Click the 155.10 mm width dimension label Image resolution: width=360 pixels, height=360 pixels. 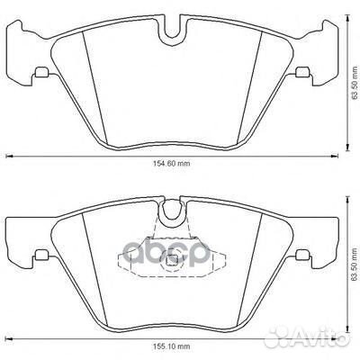pos(171,346)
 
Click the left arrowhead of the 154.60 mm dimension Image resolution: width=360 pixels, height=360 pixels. pos(10,157)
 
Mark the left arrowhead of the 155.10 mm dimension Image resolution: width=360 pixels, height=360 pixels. pos(10,336)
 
